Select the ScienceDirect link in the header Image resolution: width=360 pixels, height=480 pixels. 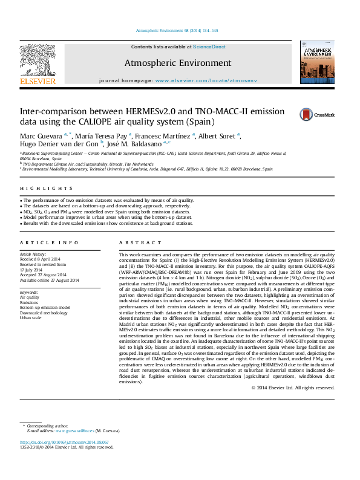click(x=209, y=47)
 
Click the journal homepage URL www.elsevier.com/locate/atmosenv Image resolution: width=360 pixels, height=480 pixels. click(x=206, y=80)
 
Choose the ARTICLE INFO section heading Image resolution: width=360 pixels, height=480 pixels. click(x=49, y=242)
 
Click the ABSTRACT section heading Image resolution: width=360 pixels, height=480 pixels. click(x=140, y=242)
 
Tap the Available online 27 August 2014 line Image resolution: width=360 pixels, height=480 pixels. click(x=50, y=281)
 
